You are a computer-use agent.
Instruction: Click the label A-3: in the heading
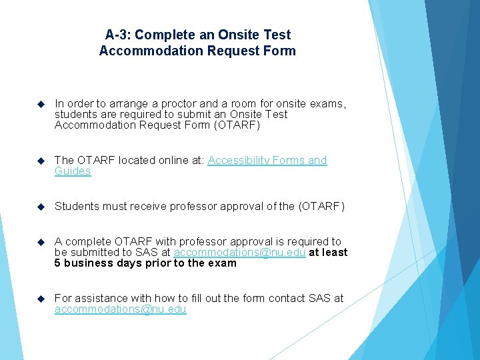118,35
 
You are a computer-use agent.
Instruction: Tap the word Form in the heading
280,51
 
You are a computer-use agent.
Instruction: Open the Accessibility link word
239,160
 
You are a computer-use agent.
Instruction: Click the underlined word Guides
73,171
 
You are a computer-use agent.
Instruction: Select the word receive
143,207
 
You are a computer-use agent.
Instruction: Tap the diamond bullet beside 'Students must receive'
41,207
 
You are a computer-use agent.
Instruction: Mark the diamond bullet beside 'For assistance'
41,298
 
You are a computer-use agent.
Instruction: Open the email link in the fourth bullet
239,252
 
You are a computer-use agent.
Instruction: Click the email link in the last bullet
121,309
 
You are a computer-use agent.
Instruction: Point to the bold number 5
58,263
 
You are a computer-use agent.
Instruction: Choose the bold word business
89,263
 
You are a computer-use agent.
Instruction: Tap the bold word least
335,252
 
